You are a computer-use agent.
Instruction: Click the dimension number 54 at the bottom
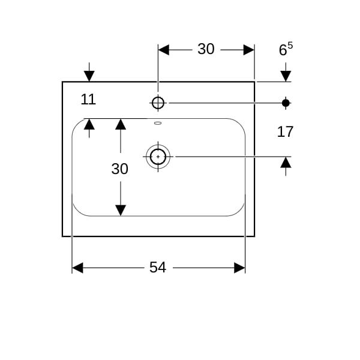point(157,267)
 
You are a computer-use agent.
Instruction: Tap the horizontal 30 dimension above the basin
point(206,49)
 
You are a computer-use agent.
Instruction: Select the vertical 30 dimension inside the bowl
point(119,169)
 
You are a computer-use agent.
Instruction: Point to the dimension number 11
point(88,100)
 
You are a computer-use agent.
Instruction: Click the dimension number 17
point(285,132)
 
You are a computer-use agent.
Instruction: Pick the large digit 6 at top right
point(283,50)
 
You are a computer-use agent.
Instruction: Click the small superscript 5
point(290,46)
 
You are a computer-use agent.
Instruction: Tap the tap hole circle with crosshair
point(158,103)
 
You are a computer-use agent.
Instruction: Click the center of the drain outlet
point(158,157)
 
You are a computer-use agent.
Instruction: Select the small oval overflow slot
point(158,123)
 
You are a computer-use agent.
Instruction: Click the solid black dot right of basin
point(286,103)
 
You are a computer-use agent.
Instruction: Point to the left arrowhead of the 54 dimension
point(77,268)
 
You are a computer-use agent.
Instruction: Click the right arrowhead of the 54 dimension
point(239,268)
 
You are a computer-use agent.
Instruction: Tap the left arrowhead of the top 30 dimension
point(163,50)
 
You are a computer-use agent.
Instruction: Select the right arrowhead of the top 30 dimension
point(249,50)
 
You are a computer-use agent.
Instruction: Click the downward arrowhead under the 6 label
point(286,76)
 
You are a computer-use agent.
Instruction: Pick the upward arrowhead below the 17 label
point(286,163)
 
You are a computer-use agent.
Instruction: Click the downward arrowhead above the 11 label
point(89,76)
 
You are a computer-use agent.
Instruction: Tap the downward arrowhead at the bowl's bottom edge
point(121,211)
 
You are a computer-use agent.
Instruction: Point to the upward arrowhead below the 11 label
point(89,124)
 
